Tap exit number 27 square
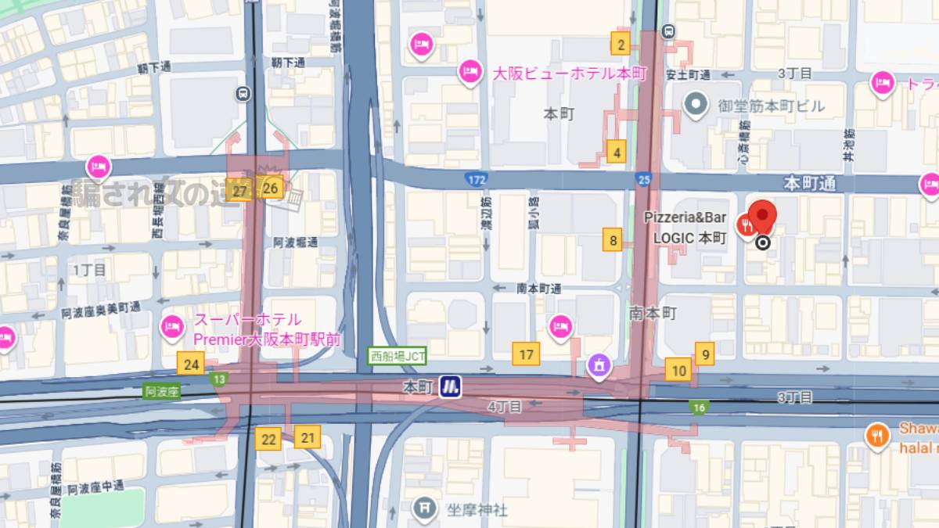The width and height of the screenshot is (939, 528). (239, 191)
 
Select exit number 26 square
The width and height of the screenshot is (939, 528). (271, 188)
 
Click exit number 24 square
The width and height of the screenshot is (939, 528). (190, 364)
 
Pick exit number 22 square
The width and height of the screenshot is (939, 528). (268, 439)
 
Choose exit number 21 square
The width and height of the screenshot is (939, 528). (308, 437)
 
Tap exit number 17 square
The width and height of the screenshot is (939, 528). (526, 354)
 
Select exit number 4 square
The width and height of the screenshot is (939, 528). (617, 152)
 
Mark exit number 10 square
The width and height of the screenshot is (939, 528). (678, 371)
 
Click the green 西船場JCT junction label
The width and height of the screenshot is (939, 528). (398, 356)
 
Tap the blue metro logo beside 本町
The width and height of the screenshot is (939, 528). (449, 386)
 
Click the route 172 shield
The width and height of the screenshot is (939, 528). (476, 179)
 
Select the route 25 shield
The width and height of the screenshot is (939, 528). (643, 179)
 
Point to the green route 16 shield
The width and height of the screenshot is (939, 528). (699, 407)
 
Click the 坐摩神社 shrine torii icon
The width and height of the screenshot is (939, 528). (426, 509)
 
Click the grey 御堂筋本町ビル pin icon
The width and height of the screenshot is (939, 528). (694, 102)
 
